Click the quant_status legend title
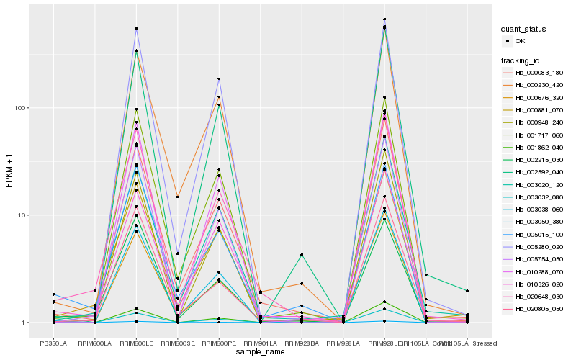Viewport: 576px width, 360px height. (x=524, y=29)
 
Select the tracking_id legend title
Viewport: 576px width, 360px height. (x=522, y=60)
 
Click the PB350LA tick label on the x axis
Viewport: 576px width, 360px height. (x=53, y=342)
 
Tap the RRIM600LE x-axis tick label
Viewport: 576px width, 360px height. (x=136, y=342)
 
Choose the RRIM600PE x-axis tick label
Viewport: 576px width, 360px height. (x=219, y=342)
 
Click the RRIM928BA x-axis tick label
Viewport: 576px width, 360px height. (x=302, y=342)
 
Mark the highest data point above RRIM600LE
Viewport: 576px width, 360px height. (x=136, y=29)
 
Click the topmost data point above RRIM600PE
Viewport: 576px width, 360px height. (x=219, y=79)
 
